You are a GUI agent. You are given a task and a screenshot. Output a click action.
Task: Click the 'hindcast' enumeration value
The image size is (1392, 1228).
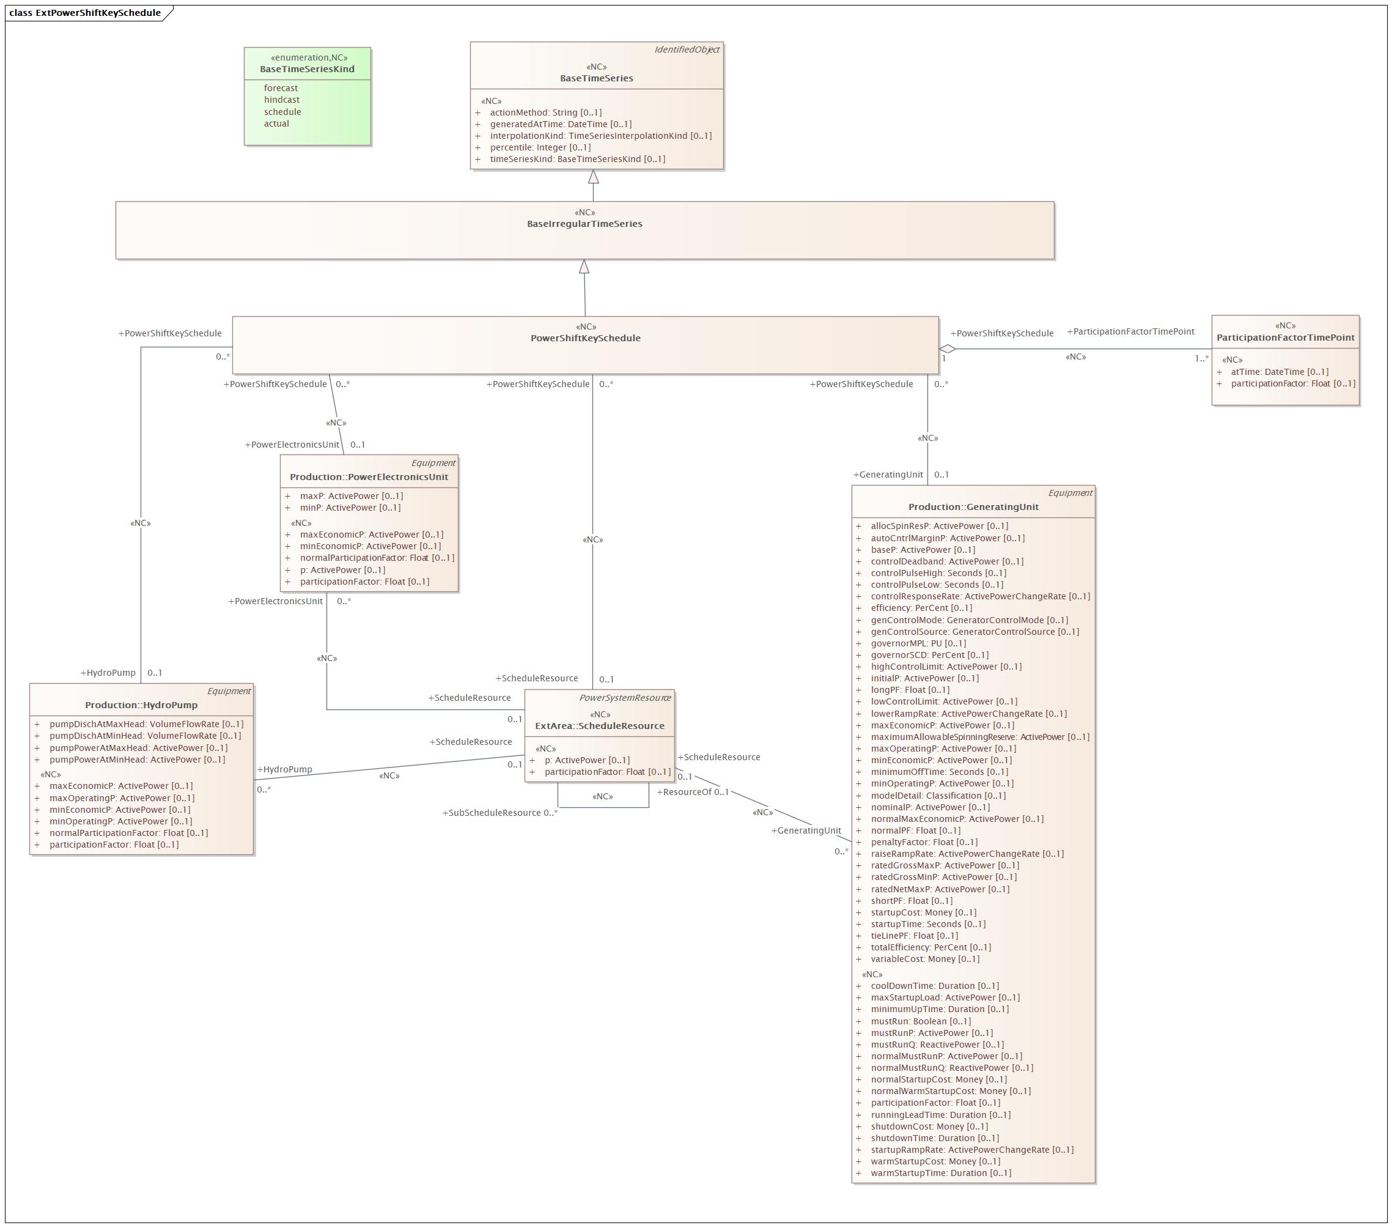[281, 100]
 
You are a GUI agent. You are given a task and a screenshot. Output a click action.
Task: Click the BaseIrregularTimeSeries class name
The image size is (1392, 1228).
[584, 224]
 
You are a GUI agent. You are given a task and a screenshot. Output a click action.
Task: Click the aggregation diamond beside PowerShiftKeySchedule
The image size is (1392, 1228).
[948, 349]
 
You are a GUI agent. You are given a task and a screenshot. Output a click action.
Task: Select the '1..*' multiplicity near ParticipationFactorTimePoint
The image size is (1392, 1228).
[1201, 359]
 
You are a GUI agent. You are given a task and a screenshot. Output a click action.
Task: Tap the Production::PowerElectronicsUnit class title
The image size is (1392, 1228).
[369, 478]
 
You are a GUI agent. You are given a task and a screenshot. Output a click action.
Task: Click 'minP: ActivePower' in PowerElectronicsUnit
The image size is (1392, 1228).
[350, 508]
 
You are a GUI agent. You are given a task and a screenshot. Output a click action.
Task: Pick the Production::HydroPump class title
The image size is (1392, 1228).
[141, 706]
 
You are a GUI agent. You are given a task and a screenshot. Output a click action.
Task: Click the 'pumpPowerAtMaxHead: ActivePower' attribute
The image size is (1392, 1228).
[138, 748]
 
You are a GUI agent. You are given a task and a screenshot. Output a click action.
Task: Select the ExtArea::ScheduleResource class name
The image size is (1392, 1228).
[599, 726]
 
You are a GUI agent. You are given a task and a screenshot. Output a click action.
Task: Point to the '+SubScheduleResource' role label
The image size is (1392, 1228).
[492, 813]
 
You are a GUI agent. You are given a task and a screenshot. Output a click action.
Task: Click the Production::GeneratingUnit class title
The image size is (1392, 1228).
[973, 508]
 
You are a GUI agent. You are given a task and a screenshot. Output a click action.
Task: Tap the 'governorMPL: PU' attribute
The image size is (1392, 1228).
[918, 643]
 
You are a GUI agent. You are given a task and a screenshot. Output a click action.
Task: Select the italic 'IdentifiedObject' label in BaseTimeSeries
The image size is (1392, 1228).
[687, 50]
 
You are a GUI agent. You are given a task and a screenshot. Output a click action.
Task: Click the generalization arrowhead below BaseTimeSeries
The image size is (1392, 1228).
[594, 176]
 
